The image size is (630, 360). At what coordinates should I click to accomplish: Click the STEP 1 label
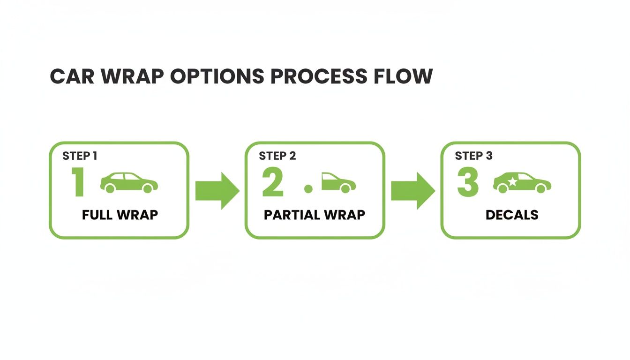tap(80, 156)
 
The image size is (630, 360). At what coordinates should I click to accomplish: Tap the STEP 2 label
tap(277, 156)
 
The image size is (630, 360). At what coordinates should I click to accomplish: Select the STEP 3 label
tap(473, 156)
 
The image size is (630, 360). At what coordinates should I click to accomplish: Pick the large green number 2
tap(273, 183)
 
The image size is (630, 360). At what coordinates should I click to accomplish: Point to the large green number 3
tap(467, 183)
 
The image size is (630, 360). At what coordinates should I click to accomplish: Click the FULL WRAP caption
tap(120, 215)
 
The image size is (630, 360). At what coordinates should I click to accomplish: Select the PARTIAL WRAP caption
tap(315, 215)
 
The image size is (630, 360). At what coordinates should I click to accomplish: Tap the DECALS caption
tap(512, 215)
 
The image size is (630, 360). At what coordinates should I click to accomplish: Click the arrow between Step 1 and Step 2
tap(217, 190)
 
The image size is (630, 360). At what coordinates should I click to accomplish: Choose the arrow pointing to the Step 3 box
tap(412, 190)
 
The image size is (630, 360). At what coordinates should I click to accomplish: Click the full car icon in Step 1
tap(129, 183)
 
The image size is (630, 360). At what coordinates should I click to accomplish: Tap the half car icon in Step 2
tap(338, 183)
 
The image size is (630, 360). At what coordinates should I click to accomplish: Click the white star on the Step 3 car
tap(512, 181)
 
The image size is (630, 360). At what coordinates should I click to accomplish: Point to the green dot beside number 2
tap(308, 189)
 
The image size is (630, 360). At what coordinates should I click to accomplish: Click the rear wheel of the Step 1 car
tap(110, 188)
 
